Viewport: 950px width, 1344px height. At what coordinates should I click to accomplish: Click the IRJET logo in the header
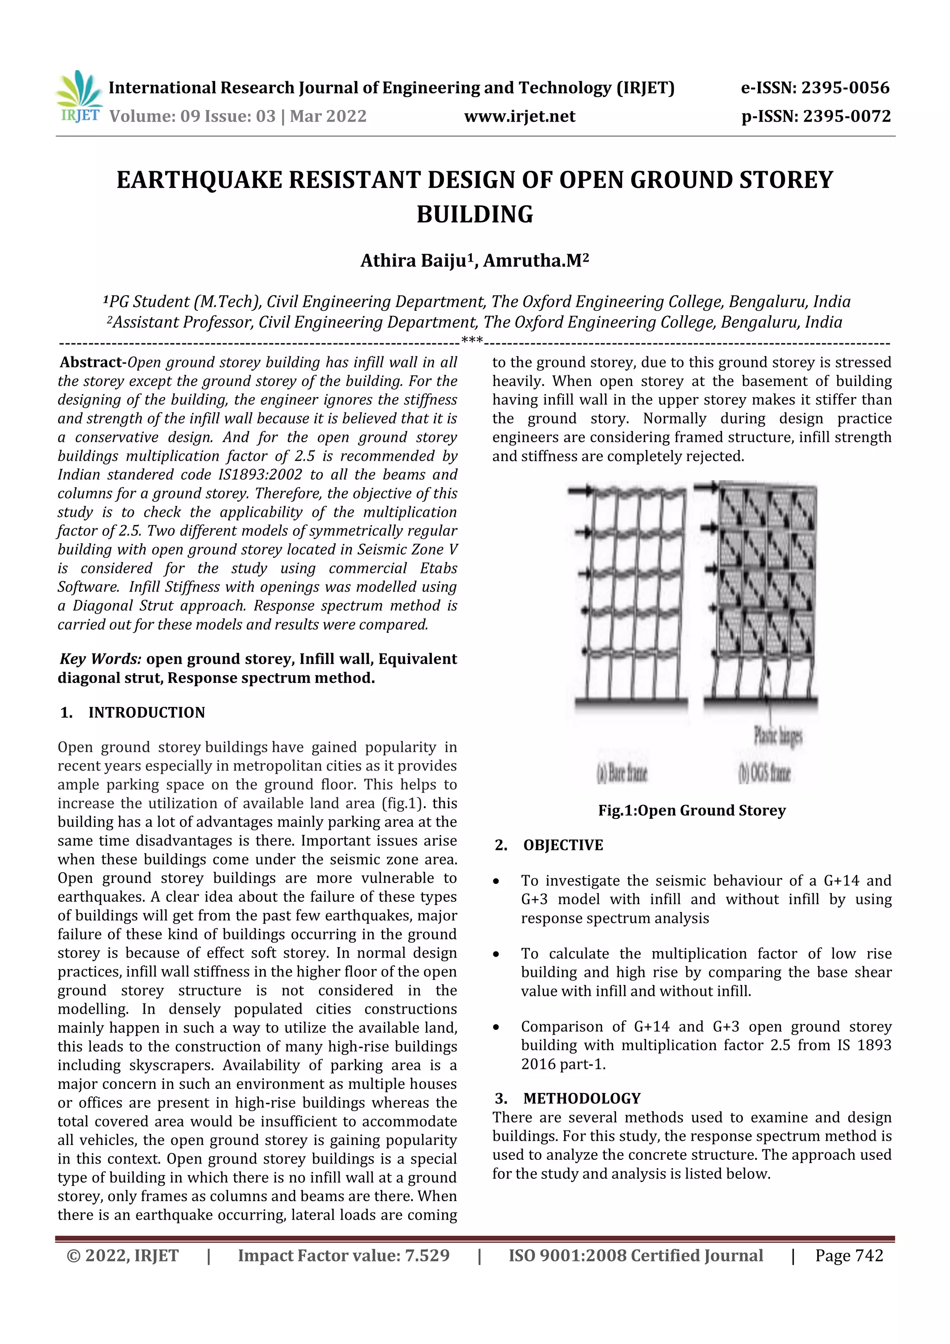tap(79, 96)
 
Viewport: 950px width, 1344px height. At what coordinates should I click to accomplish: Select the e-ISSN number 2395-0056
tap(845, 88)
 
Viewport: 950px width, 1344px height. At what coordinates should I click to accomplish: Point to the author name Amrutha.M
tap(532, 260)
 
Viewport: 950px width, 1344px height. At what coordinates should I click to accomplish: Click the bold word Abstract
tap(91, 362)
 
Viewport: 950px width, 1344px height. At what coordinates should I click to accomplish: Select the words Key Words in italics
tap(101, 659)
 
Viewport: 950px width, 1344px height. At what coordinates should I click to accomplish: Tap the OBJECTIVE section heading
tap(563, 845)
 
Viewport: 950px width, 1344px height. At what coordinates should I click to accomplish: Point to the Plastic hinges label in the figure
tap(778, 736)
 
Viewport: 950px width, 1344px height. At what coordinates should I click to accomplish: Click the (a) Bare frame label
tap(622, 774)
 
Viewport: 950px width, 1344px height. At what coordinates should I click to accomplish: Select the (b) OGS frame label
tap(764, 774)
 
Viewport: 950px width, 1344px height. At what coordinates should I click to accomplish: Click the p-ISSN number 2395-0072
tap(847, 116)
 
